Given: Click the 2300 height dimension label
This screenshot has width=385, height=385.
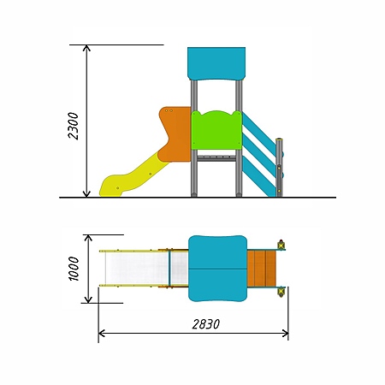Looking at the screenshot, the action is (74, 126).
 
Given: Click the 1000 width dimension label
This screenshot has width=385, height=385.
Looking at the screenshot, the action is (74, 269).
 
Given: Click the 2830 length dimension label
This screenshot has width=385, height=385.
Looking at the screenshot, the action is (206, 324).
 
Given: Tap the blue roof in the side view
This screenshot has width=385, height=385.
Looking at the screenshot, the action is (216, 64).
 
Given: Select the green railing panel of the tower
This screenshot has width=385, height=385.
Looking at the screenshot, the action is (216, 130).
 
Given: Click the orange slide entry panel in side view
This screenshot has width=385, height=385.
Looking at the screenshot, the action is (175, 134).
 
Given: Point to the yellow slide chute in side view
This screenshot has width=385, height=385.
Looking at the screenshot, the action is (133, 176).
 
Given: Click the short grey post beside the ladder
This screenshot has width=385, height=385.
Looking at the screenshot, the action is (279, 168).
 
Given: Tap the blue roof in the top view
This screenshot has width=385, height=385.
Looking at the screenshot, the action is (217, 269).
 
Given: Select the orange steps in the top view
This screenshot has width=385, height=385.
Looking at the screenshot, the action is (262, 269).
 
